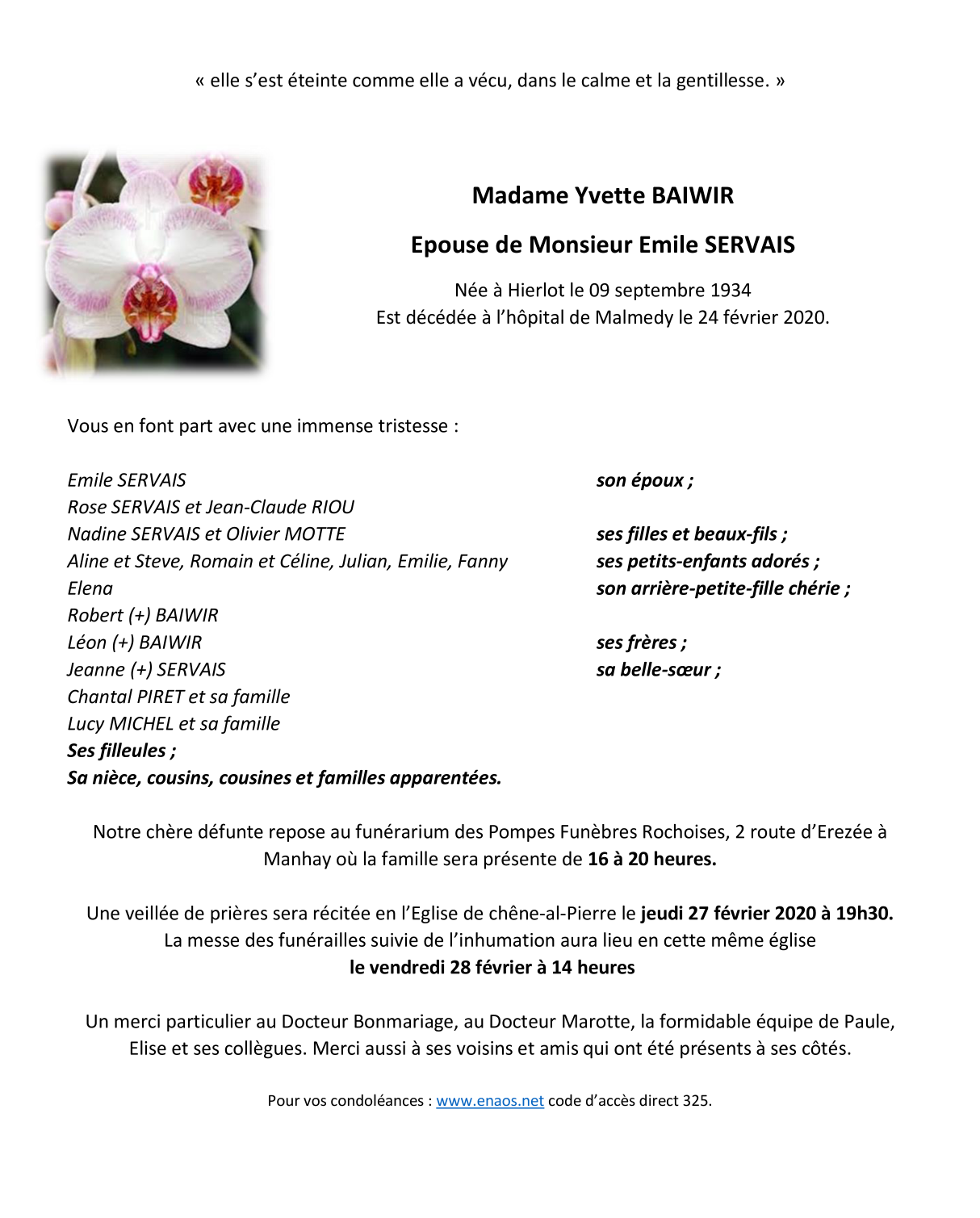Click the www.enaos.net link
[490, 1101]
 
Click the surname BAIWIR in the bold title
[693, 195]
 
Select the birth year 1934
[730, 291]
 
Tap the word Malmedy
[634, 318]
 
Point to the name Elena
[90, 588]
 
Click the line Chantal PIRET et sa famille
[178, 697]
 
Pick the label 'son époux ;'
[644, 481]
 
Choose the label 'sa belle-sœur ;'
[658, 670]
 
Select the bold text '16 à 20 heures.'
[651, 859]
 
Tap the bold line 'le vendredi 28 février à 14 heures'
[492, 968]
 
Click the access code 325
[695, 1101]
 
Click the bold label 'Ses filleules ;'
[121, 751]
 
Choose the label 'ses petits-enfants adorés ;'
[707, 562]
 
